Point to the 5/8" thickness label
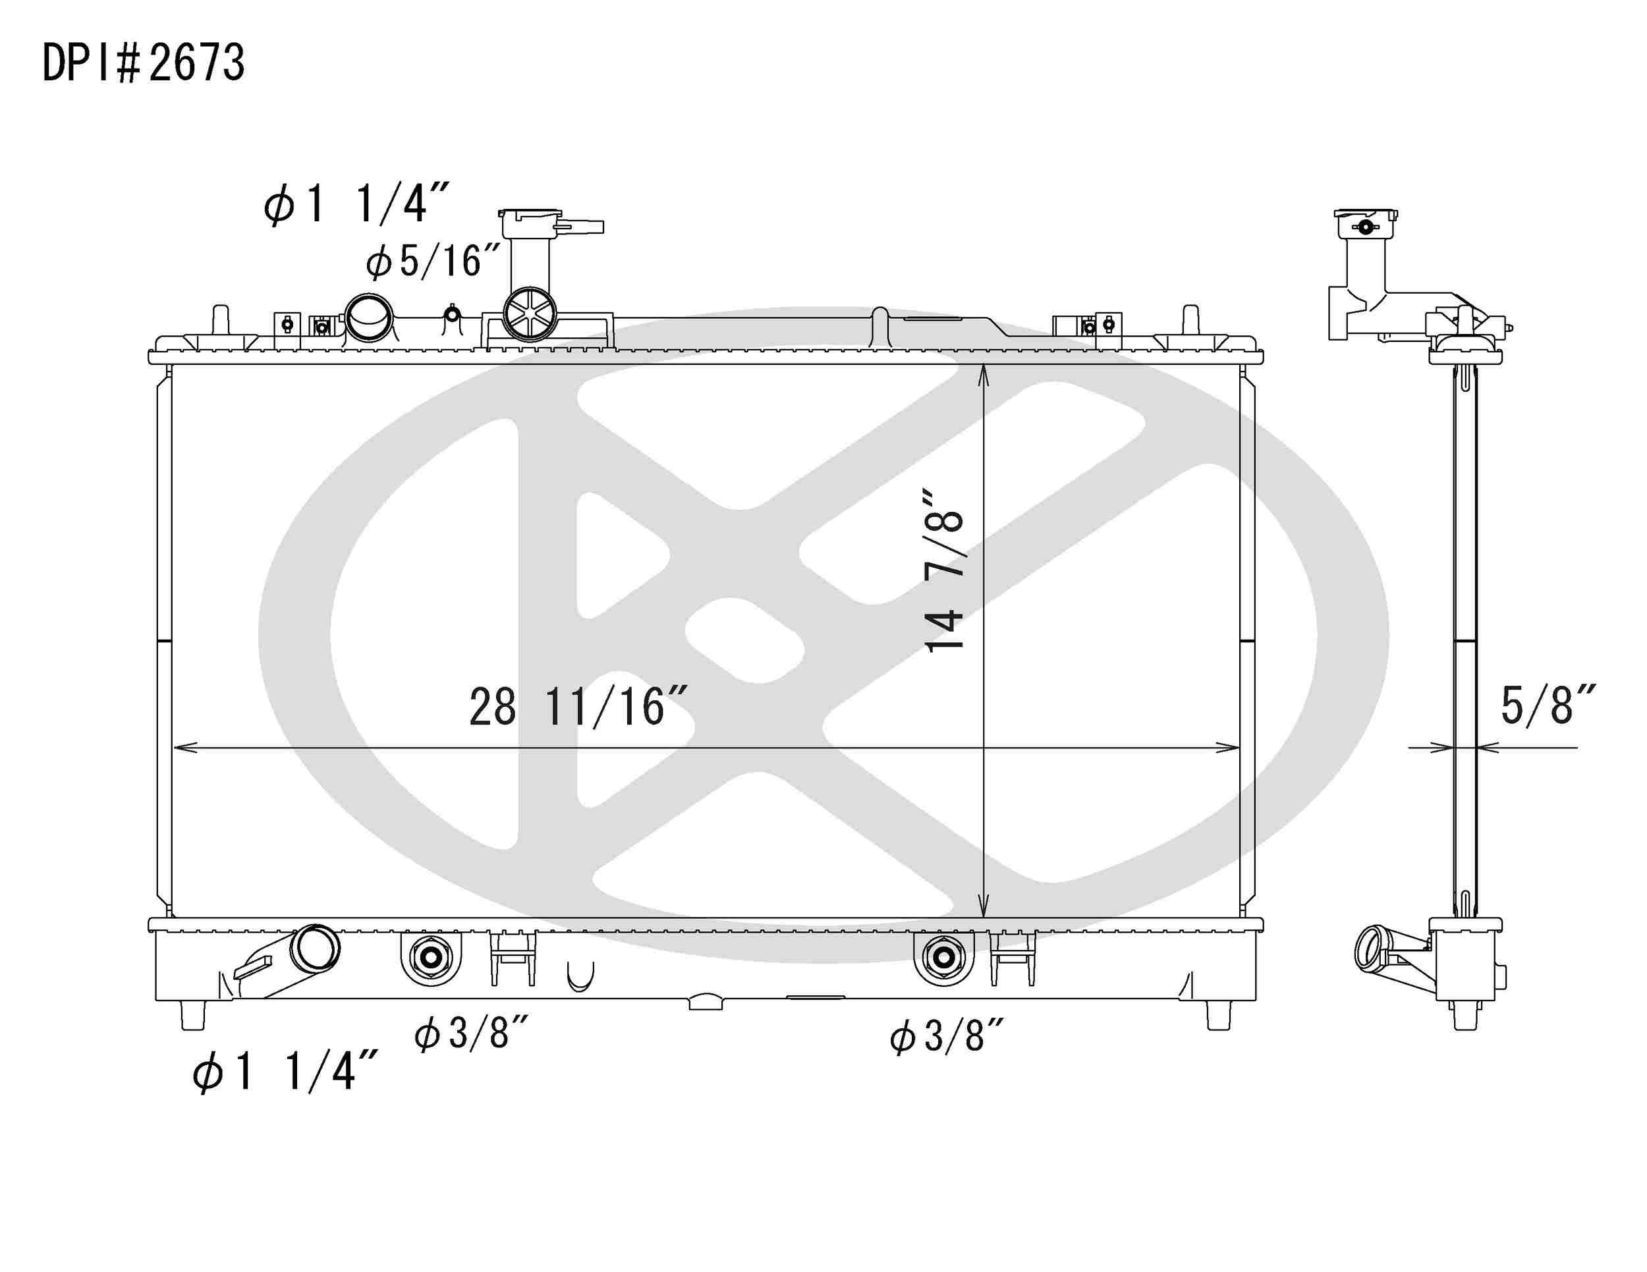1548,705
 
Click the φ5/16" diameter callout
433,262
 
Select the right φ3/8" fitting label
947,1036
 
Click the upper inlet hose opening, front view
369,318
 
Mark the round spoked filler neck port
530,314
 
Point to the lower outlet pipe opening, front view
317,949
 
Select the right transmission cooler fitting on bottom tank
942,958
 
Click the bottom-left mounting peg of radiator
193,1015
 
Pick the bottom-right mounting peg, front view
1219,1015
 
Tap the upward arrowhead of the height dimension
984,375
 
